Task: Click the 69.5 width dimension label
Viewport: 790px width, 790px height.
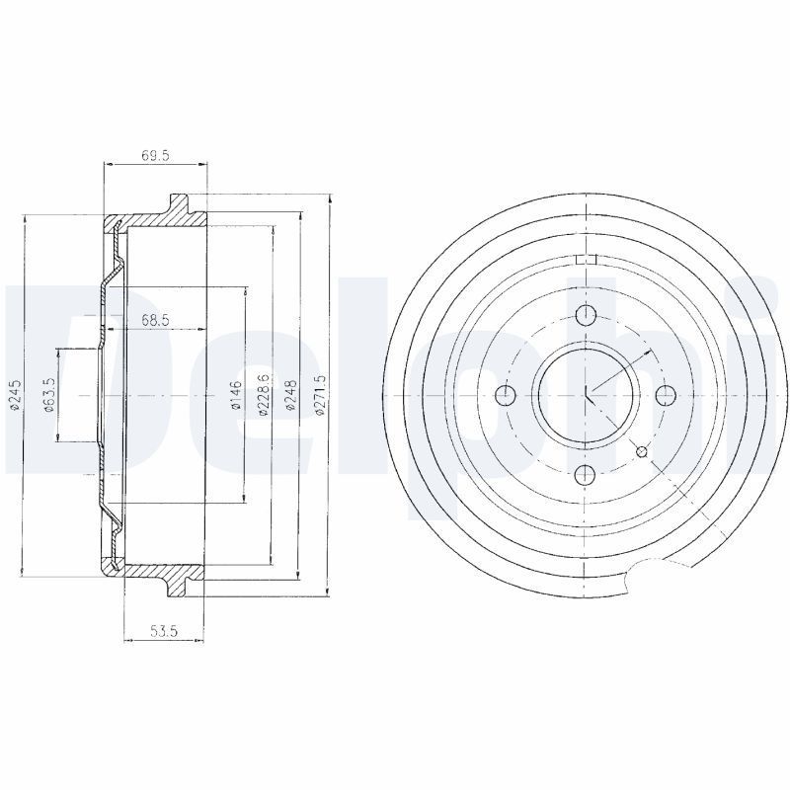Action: [x=155, y=156]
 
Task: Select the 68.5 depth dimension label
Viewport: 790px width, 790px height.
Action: [x=155, y=319]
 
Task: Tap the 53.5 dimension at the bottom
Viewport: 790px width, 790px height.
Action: [x=164, y=630]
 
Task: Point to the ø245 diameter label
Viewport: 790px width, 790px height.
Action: [x=16, y=396]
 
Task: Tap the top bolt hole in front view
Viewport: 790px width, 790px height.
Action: [x=586, y=316]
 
